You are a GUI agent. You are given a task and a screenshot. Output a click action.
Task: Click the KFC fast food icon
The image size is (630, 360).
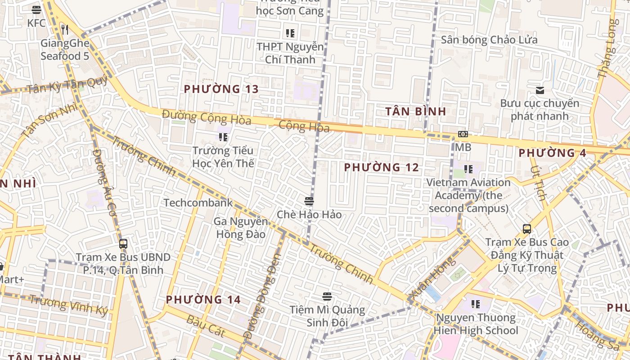(x=36, y=9)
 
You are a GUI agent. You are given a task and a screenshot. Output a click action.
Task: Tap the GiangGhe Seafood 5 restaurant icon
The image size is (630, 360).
(x=65, y=30)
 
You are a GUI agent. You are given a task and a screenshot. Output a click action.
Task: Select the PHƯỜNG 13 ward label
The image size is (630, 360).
(x=221, y=89)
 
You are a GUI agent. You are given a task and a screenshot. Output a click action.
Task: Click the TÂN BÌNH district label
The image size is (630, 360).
(x=416, y=111)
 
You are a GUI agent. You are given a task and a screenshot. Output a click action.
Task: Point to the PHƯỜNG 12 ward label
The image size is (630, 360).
(x=382, y=167)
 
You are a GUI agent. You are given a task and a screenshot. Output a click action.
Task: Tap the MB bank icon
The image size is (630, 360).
(x=463, y=134)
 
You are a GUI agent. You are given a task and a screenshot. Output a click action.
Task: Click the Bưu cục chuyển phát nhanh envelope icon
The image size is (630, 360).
(x=540, y=90)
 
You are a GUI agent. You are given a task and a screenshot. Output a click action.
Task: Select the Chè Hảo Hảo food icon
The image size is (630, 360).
(x=309, y=201)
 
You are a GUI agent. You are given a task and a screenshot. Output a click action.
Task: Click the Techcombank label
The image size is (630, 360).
(x=198, y=202)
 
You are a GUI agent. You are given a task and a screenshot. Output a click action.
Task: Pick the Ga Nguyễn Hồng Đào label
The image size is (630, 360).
(x=241, y=228)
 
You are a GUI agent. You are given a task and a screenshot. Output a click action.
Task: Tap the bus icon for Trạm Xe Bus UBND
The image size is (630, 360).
(x=123, y=244)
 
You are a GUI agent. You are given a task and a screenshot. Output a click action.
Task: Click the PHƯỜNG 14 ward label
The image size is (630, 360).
(x=203, y=300)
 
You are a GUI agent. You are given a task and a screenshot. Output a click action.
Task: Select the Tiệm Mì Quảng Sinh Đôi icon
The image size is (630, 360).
(x=327, y=297)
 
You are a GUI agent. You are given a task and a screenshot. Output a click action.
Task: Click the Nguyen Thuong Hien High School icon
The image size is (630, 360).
(x=475, y=304)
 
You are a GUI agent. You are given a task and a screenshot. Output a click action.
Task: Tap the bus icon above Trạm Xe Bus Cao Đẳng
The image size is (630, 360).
(x=526, y=229)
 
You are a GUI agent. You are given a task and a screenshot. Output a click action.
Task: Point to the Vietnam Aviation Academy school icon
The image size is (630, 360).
(x=468, y=169)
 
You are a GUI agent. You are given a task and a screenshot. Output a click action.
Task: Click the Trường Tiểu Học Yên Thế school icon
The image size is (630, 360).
(x=223, y=137)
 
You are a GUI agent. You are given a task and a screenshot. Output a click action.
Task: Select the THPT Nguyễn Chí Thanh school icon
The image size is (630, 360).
(x=290, y=33)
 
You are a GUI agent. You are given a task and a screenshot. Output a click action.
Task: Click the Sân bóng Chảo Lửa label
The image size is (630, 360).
(x=489, y=40)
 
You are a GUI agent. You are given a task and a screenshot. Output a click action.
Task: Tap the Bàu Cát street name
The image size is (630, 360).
(x=205, y=325)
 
